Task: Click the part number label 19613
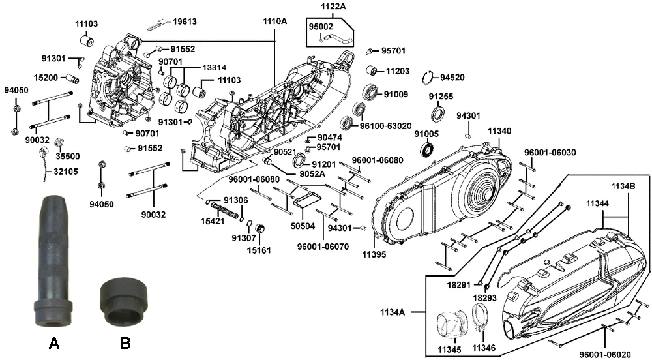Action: click(x=185, y=22)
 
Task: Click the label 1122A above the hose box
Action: click(x=333, y=7)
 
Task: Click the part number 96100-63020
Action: click(x=385, y=126)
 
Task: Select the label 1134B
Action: click(x=623, y=187)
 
